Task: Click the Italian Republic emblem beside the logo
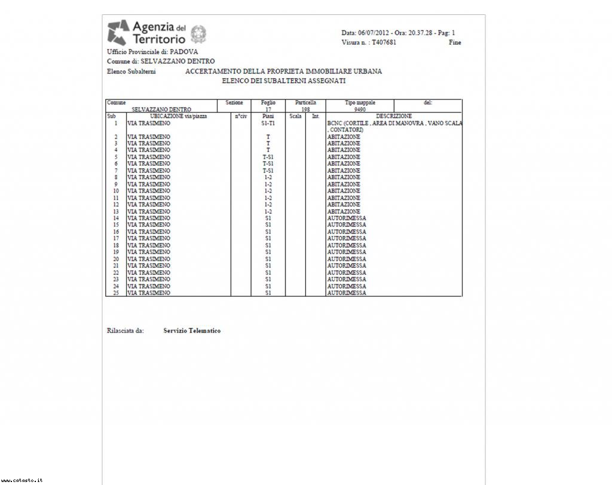199,33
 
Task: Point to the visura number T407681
384,42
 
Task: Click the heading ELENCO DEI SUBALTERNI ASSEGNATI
284,81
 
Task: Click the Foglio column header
268,103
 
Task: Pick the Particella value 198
305,109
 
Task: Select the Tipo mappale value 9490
360,109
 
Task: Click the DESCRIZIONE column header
393,116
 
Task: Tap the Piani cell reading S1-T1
268,123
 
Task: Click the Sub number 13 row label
116,211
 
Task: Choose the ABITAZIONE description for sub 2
344,137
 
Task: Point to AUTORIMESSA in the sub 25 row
347,293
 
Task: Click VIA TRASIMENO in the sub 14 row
149,219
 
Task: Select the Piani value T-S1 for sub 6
268,164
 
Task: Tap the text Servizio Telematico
192,331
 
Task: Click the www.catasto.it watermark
22,480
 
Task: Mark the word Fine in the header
455,42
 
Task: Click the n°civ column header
240,116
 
